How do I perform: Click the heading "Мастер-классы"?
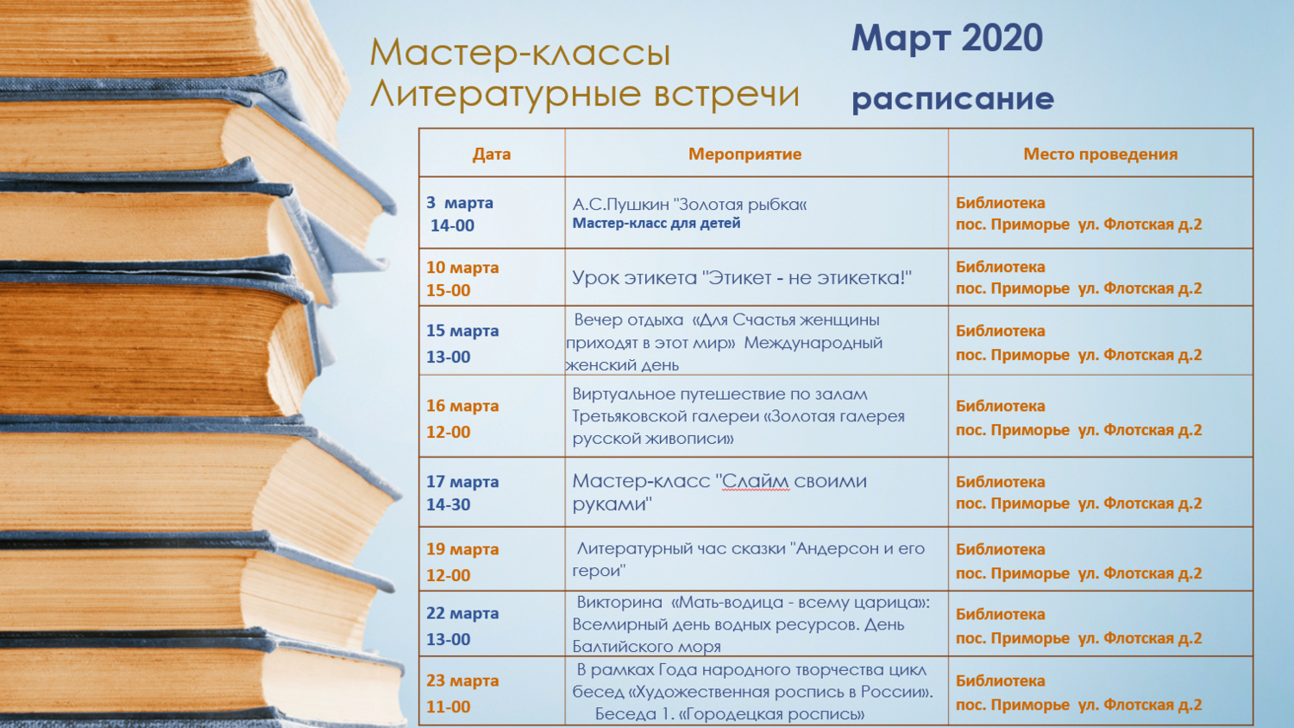520,54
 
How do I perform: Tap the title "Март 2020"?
947,38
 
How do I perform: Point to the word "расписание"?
953,99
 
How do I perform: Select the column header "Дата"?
492,154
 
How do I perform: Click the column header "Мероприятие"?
744,155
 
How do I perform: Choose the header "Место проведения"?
1101,155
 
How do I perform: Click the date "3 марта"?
460,203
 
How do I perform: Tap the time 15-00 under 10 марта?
449,290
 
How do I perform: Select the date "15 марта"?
462,331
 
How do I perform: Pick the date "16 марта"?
462,406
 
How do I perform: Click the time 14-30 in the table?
449,504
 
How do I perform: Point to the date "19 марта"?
462,549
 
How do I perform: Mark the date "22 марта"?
462,613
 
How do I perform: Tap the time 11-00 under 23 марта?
449,706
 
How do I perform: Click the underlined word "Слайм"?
756,481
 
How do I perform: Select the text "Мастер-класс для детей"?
656,223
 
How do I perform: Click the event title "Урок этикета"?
634,278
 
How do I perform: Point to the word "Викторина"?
619,603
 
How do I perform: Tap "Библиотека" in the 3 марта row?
1001,203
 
